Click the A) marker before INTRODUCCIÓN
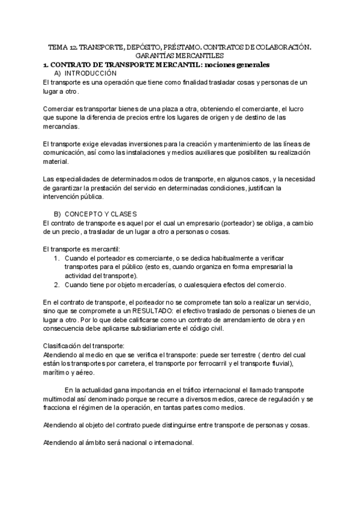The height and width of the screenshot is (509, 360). click(58, 72)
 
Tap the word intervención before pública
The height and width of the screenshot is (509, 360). click(63, 197)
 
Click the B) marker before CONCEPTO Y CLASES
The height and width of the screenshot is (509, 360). click(58, 214)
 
